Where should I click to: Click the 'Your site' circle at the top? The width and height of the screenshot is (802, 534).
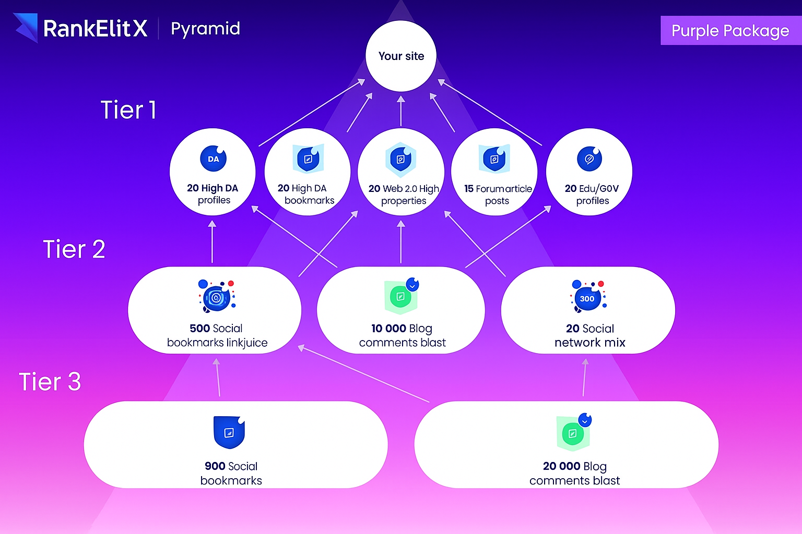401,56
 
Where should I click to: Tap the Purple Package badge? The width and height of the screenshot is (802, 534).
730,31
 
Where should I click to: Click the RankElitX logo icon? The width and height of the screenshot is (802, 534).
26,28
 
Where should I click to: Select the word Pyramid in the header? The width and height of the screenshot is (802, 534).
205,29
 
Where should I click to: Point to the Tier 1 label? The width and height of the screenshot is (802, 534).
128,110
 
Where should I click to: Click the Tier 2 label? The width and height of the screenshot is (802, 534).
74,249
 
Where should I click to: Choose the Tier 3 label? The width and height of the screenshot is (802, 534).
50,382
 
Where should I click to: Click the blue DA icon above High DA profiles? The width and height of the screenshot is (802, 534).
214,159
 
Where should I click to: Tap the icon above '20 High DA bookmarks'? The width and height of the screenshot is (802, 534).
308,159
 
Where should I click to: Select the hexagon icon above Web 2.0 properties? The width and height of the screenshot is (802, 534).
400,159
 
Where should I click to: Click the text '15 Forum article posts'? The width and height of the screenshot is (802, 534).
498,195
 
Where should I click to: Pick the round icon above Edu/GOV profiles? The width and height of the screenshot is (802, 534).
589,159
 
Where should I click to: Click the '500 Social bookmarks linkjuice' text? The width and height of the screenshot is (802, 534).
217,335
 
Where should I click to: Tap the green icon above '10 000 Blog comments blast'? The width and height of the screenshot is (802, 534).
401,296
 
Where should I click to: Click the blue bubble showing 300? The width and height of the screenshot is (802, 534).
587,299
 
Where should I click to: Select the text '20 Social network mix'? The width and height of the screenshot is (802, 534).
590,335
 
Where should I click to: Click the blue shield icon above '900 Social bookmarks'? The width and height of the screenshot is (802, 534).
229,432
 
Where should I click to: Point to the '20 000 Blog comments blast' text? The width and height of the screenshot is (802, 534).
575,473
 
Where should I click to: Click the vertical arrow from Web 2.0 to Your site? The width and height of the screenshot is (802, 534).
401,111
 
